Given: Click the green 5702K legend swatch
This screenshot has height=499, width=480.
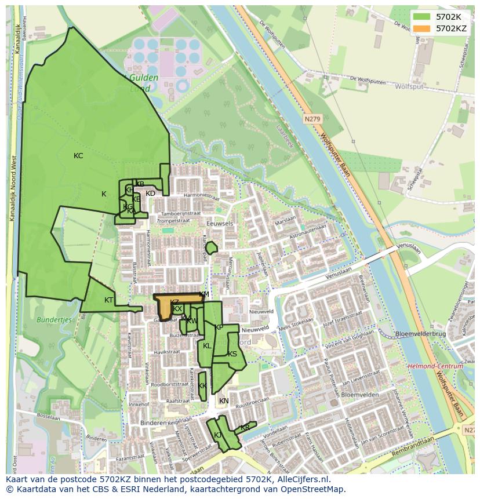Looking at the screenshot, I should [421, 17].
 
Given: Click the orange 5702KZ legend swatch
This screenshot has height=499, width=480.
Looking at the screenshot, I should [421, 28].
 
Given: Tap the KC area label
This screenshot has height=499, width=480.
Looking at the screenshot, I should [78, 156].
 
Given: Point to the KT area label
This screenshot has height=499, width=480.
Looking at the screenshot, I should [108, 300].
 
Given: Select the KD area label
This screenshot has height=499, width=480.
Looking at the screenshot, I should [150, 194].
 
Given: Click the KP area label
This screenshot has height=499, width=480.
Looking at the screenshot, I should [219, 327].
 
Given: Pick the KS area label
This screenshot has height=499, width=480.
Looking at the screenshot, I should [232, 354].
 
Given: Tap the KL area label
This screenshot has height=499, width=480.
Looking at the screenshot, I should [207, 346].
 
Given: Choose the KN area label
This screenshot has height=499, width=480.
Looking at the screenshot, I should [224, 401].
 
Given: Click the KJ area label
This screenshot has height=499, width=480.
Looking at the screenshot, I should [217, 435].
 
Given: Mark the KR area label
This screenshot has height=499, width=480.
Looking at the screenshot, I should [245, 428].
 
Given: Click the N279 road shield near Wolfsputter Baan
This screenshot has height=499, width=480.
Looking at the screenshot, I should [312, 119].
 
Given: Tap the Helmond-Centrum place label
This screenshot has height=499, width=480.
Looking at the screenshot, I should [435, 366].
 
